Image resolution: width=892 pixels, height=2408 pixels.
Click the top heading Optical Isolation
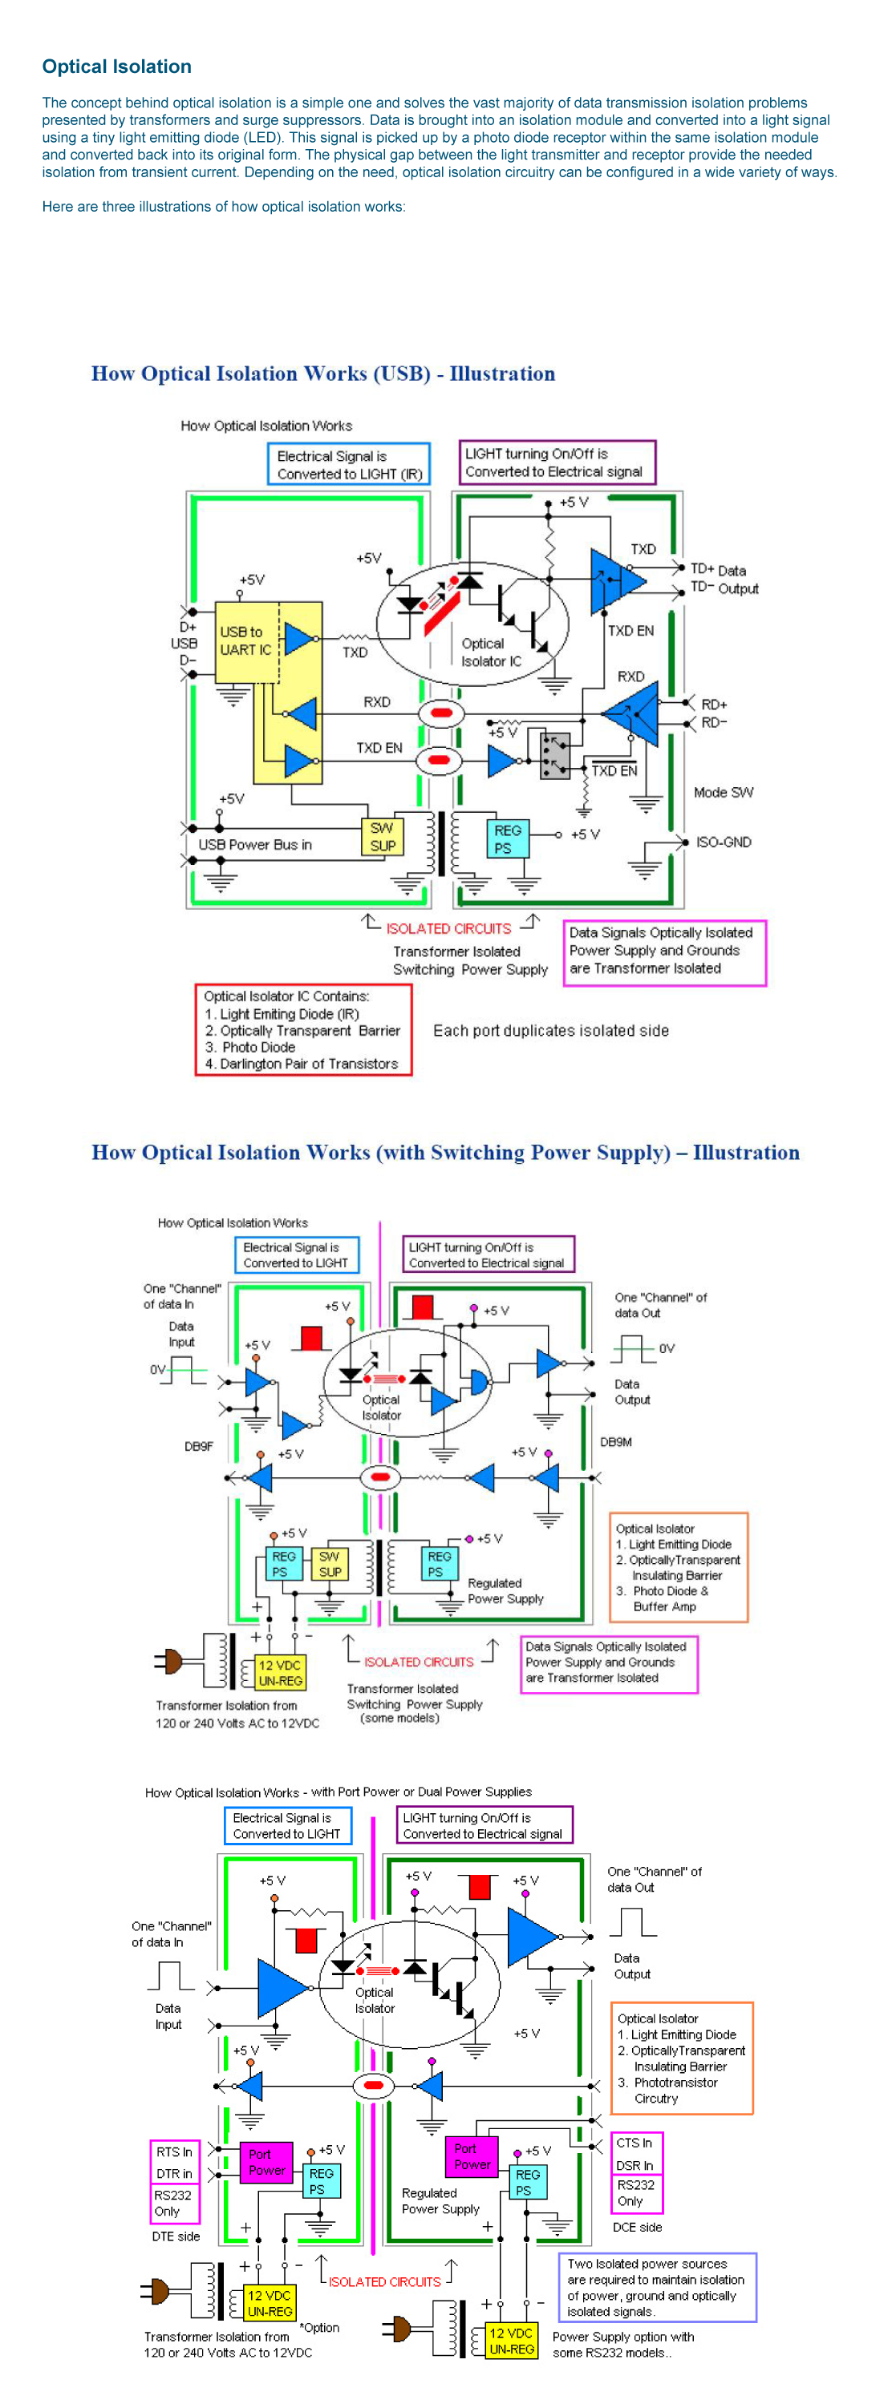tap(117, 67)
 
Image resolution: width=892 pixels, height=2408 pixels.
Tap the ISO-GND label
tap(723, 842)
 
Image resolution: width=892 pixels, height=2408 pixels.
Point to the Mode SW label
tap(723, 792)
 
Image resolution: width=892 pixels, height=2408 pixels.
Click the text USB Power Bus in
tap(254, 844)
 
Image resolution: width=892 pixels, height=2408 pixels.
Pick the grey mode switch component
tap(554, 755)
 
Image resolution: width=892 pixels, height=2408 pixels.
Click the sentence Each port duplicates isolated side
tap(551, 1030)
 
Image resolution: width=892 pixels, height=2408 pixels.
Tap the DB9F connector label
tap(198, 1446)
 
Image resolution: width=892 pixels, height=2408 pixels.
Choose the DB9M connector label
tap(616, 1441)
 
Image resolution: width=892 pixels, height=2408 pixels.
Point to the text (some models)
tap(399, 1717)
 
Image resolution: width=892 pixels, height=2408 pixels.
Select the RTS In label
tap(174, 2151)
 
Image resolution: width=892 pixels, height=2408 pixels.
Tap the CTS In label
tap(634, 2142)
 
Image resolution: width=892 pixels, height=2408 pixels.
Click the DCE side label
tap(637, 2227)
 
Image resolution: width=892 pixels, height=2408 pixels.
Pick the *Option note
tap(318, 2327)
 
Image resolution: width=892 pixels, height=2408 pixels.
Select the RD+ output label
tap(715, 704)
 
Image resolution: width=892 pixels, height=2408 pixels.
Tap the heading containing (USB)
tap(322, 373)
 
